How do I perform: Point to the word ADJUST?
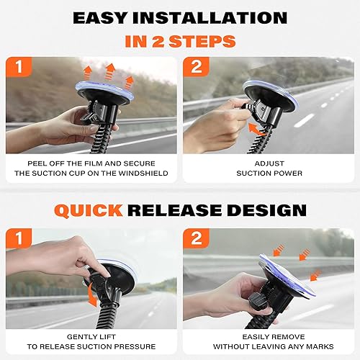pyautogui.click(x=269, y=163)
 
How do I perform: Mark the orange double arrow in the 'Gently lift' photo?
pyautogui.click(x=91, y=296)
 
